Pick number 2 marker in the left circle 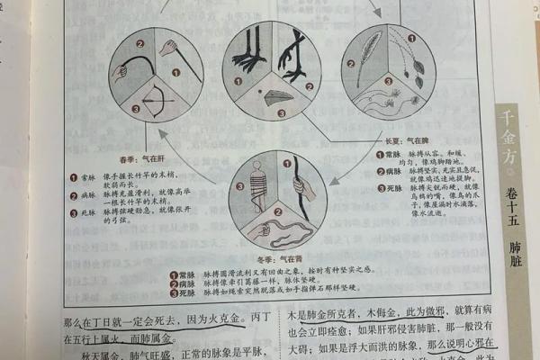click(140, 42)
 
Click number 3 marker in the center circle click(281, 113)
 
